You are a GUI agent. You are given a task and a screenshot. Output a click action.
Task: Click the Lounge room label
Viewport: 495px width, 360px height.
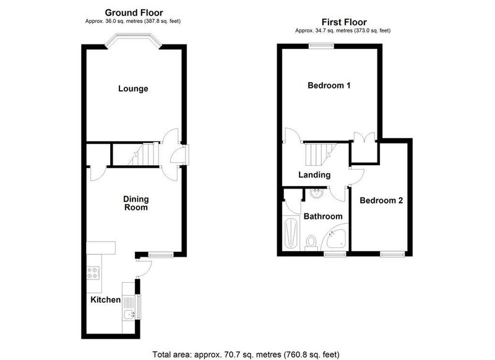(133, 88)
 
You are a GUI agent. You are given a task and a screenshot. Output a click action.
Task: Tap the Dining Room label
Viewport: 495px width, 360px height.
(136, 203)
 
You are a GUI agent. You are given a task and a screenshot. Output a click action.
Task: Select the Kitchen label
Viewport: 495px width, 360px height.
(105, 299)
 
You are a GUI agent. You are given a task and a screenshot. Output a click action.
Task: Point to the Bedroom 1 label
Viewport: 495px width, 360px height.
(329, 85)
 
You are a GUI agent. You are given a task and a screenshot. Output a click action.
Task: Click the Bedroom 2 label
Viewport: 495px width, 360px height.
(381, 200)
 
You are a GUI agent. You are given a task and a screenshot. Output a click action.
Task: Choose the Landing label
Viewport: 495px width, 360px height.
(314, 175)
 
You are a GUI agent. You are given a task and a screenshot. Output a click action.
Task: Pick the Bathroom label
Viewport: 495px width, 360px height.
(323, 216)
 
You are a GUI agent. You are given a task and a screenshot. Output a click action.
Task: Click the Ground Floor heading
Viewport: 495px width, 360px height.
(134, 12)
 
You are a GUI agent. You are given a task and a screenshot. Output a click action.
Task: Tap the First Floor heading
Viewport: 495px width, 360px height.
(344, 22)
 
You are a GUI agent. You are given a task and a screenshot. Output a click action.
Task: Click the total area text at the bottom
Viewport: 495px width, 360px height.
(246, 354)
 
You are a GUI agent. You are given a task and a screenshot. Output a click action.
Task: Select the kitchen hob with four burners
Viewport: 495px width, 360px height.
(93, 273)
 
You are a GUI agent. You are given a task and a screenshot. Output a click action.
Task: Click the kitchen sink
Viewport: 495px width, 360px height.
(129, 315)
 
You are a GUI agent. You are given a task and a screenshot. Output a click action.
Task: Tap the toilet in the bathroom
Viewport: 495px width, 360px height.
(311, 243)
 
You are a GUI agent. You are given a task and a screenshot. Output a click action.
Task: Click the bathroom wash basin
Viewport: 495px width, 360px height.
(316, 193)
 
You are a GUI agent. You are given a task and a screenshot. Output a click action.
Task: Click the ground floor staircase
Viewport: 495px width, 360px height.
(143, 154)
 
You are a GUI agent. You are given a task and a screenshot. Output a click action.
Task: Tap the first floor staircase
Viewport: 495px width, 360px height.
(320, 154)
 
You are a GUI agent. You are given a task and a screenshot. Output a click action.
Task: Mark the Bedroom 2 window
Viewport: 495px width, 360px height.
(392, 254)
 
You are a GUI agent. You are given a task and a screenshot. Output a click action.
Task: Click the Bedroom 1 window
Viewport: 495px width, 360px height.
(321, 46)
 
